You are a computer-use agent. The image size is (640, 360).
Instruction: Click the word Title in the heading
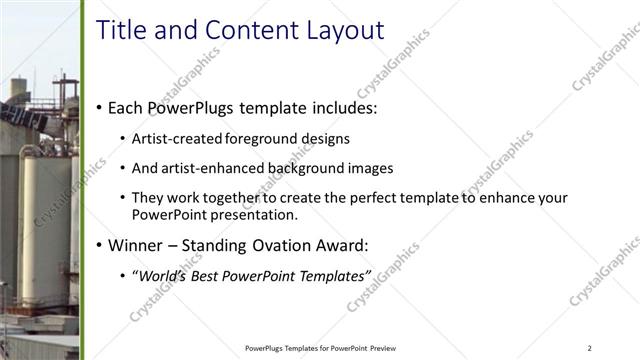tap(121, 30)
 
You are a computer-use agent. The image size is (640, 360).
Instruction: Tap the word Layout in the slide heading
tap(336, 30)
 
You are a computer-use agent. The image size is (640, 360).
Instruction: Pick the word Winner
tap(138, 245)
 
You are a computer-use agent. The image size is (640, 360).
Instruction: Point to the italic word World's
tap(165, 275)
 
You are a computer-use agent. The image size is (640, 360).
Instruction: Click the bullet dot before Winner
tap(98, 245)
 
